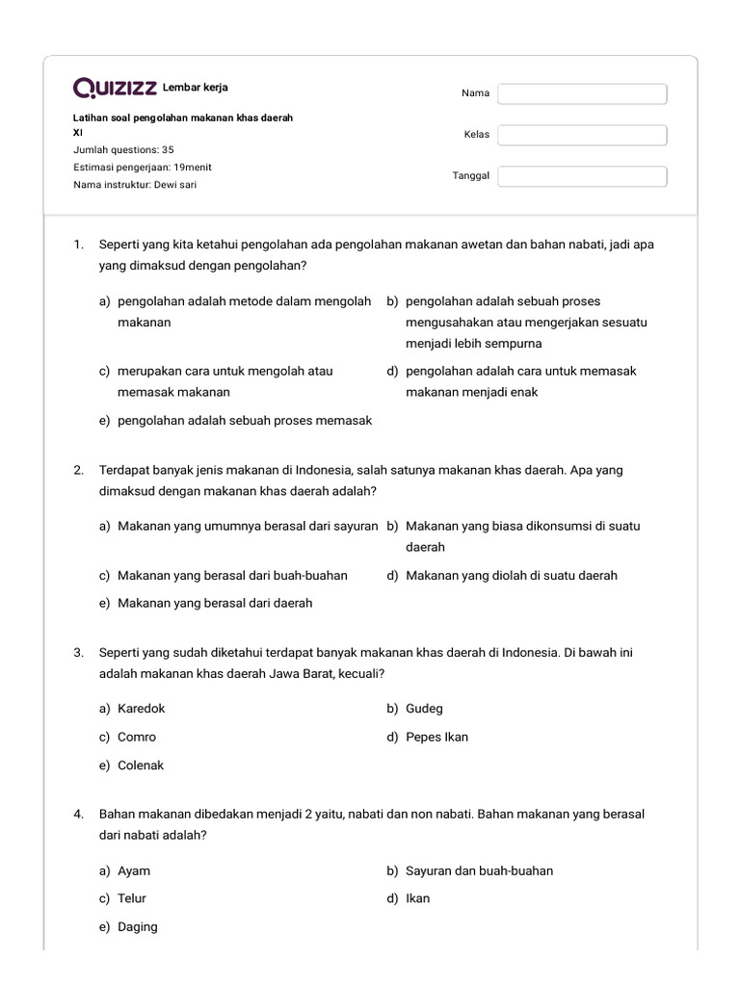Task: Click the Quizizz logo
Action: point(116,89)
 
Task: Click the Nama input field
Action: point(582,93)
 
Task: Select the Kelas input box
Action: point(582,135)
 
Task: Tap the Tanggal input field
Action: point(582,176)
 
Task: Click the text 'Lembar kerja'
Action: point(197,88)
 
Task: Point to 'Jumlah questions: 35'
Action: point(123,150)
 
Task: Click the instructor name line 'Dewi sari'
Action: point(135,184)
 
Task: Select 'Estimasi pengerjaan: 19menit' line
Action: point(143,167)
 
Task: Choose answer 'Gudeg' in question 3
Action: point(424,709)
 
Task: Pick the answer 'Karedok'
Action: point(141,709)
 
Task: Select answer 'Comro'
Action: point(136,737)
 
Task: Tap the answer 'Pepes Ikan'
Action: point(436,737)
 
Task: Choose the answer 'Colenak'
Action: point(141,765)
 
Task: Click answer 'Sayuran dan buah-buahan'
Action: point(479,870)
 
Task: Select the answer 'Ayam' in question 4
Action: point(134,870)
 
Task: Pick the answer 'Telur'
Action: point(132,898)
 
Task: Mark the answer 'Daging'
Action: point(137,927)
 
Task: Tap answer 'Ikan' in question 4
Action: point(417,898)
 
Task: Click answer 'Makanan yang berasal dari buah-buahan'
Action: point(231,576)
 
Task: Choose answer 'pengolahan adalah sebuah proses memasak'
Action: point(244,421)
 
